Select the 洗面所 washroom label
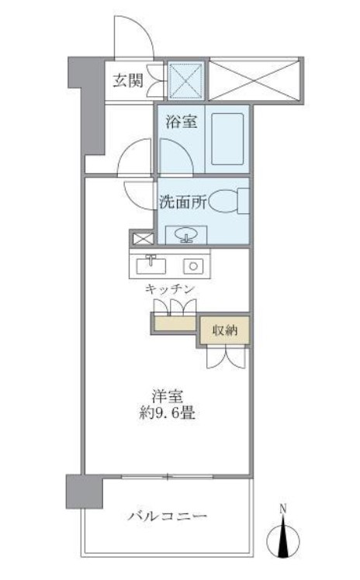coord(183,202)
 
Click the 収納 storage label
coord(225,330)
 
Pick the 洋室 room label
coord(168,395)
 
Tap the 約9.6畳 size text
coord(168,413)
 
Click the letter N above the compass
coord(284,510)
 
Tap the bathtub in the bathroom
coord(228,140)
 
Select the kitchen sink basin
coord(151,265)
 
